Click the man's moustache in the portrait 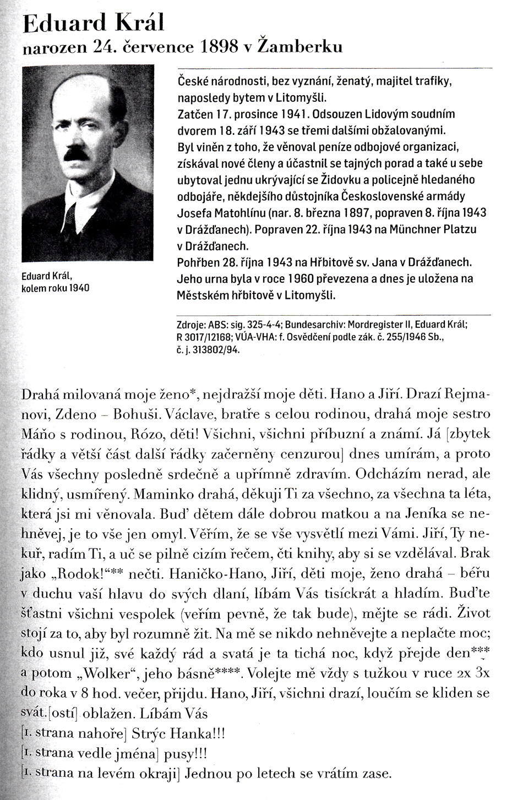point(76,156)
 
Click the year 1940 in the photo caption point(79,288)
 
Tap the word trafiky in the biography point(431,82)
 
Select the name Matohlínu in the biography point(238,213)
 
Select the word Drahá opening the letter point(41,394)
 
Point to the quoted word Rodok point(85,573)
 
